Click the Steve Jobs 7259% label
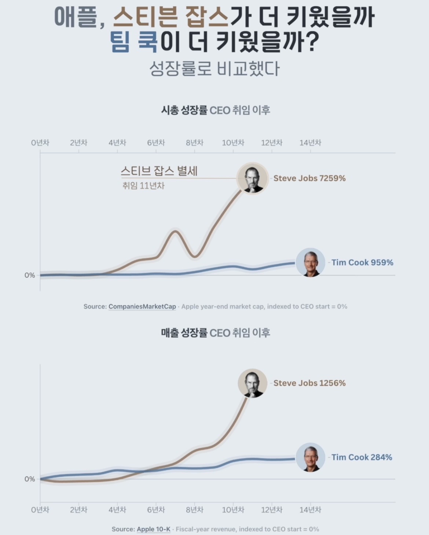tap(309, 178)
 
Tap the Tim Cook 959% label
tap(362, 262)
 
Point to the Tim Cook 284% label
tap(362, 457)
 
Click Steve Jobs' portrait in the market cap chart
tap(252, 179)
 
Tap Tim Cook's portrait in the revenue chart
tap(310, 457)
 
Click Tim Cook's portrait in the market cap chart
tap(310, 262)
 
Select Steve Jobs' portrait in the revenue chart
tap(252, 383)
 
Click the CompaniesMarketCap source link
tap(142, 307)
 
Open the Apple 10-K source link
tap(154, 529)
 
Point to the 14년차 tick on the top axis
tap(310, 143)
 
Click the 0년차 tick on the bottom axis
tap(40, 510)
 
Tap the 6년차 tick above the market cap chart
tap(156, 143)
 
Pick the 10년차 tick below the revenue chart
tap(233, 510)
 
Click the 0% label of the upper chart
tap(30, 275)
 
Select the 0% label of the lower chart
tap(30, 479)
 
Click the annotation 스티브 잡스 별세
tap(159, 171)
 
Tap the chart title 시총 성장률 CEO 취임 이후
tap(216, 111)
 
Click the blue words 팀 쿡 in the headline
tap(134, 42)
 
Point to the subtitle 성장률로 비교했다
tap(214, 69)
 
